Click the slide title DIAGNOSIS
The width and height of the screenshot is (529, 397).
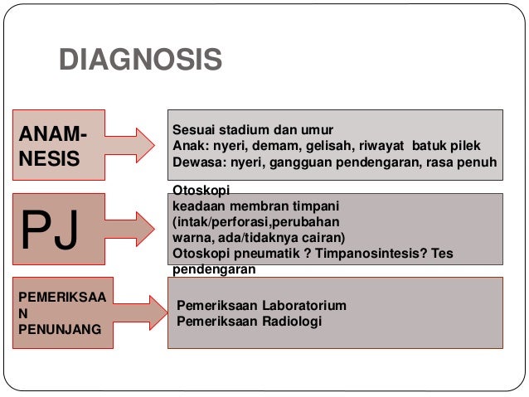140,59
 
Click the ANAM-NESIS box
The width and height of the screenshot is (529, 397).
57,145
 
